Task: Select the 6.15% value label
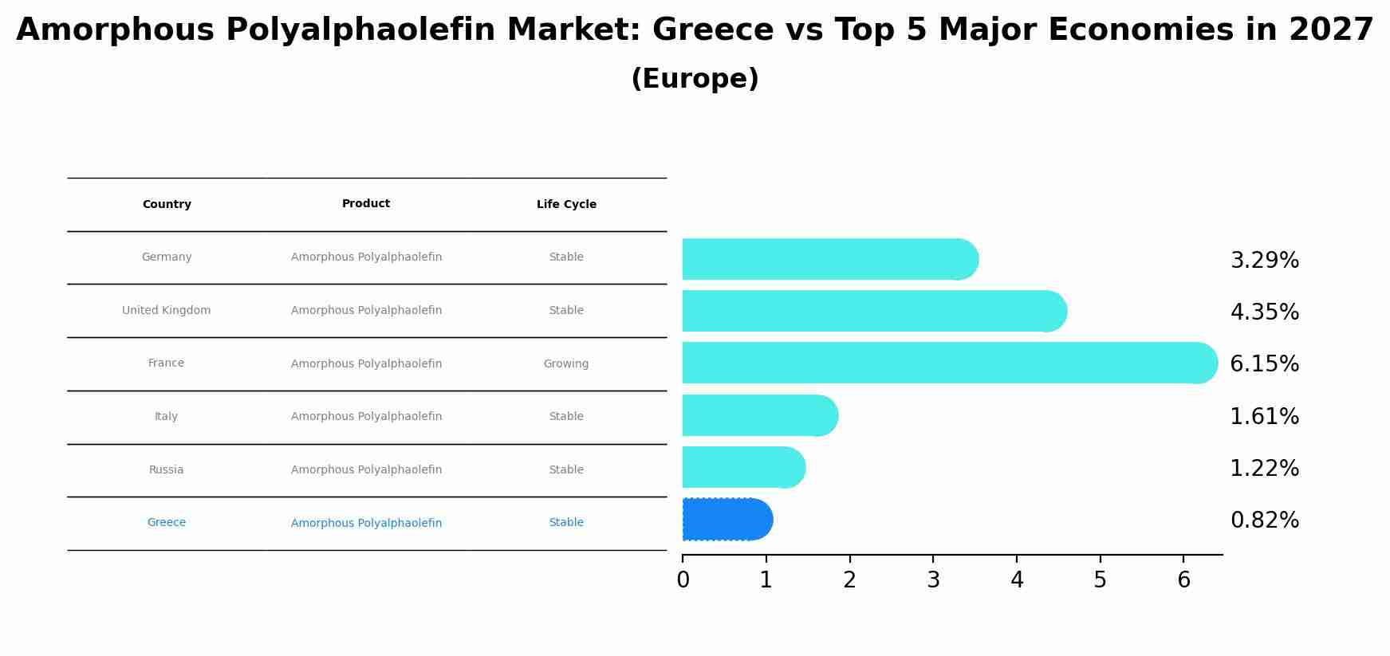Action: (1264, 364)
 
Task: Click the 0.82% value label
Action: (1264, 520)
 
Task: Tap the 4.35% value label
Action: (1264, 312)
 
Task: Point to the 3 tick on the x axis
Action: (933, 580)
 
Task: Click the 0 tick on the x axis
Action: (683, 580)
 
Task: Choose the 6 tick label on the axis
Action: (1183, 580)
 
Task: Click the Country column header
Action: (167, 205)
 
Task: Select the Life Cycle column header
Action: (566, 205)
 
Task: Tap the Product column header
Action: (366, 204)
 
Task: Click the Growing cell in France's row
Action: (566, 364)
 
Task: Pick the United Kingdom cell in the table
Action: (167, 311)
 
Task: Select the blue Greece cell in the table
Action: (167, 523)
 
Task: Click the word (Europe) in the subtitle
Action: (695, 79)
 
